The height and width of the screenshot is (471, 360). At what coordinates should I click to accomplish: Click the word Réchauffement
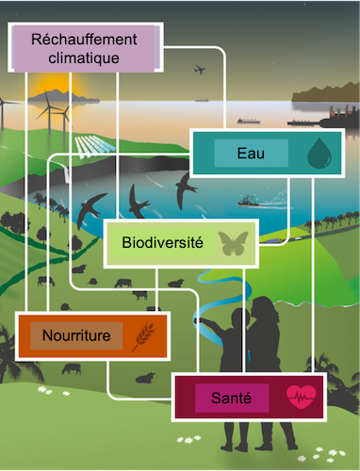[x=83, y=39]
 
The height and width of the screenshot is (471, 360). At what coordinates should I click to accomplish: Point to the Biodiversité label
[x=163, y=243]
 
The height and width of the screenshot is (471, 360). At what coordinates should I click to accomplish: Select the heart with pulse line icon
[x=301, y=397]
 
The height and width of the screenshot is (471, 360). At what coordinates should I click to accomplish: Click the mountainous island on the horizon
[x=325, y=92]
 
